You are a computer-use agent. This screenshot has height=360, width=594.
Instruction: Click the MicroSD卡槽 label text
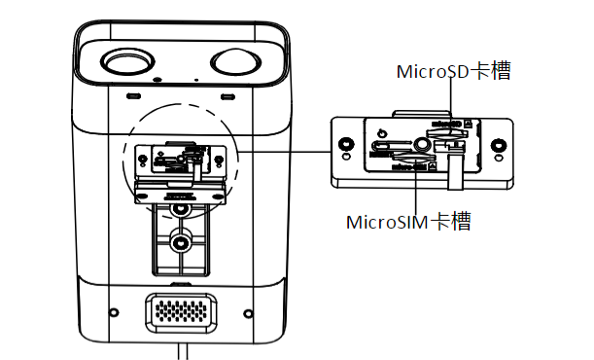[454, 71]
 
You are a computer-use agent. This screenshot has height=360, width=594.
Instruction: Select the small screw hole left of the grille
[114, 312]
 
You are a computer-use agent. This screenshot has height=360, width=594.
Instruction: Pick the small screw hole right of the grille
[250, 312]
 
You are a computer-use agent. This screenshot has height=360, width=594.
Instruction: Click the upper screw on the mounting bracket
[179, 207]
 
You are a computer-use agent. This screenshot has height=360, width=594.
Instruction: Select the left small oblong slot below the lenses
[130, 97]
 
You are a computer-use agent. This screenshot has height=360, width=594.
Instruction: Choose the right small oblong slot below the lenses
[228, 97]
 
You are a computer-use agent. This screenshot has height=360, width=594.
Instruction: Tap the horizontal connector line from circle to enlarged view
[282, 151]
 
